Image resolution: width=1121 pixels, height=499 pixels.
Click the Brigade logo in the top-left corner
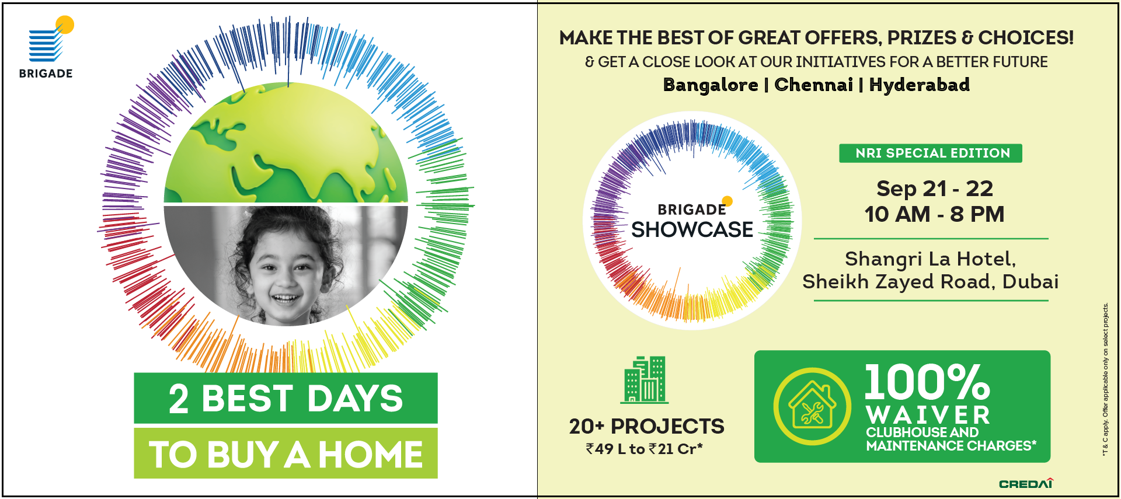pos(46,47)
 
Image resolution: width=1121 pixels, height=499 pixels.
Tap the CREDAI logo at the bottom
pos(1026,483)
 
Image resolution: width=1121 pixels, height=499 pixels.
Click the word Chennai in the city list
pos(813,85)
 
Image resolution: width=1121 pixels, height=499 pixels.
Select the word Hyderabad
pos(920,85)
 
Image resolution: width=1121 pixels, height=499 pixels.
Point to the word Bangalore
pos(711,85)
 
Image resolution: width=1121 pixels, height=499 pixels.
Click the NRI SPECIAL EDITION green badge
pos(931,153)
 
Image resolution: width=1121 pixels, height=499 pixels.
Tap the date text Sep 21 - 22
pos(934,189)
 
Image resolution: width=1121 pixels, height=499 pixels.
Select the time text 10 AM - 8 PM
pos(934,214)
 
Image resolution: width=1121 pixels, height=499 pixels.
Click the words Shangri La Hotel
pos(930,259)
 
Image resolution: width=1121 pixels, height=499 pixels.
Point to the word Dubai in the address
pos(1031,282)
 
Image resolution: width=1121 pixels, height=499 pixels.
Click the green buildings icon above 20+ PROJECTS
pos(645,379)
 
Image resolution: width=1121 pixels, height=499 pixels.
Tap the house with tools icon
pos(812,406)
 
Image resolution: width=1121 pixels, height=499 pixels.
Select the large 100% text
pos(927,382)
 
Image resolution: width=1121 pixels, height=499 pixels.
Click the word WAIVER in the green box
pos(928,416)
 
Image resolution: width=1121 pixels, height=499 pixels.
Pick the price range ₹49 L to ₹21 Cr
pos(644,449)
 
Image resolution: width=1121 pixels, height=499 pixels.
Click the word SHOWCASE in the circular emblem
pos(692,229)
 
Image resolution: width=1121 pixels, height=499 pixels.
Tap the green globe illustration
pos(286,143)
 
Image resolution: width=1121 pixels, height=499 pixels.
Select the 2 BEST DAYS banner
pos(286,398)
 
